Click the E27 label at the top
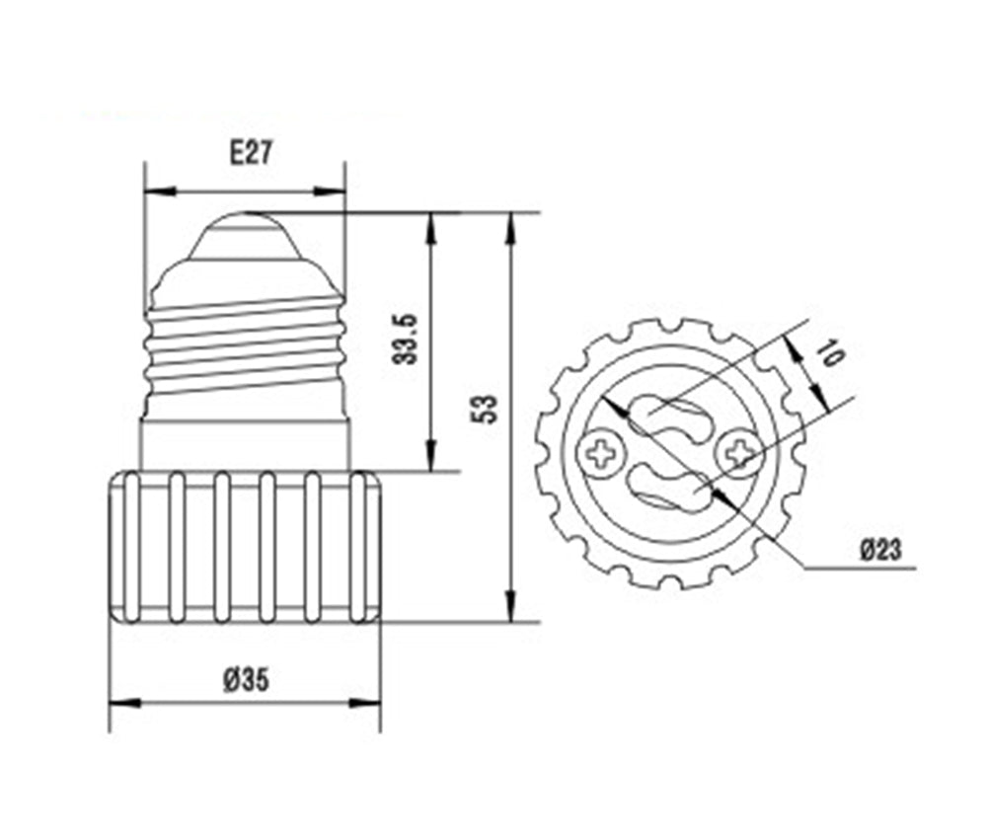[x=250, y=153]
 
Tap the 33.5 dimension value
[x=405, y=340]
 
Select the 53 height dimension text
[x=485, y=410]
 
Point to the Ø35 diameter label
[x=246, y=680]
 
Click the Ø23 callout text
[x=880, y=550]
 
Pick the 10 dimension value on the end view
[x=831, y=353]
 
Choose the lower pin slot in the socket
[x=670, y=489]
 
